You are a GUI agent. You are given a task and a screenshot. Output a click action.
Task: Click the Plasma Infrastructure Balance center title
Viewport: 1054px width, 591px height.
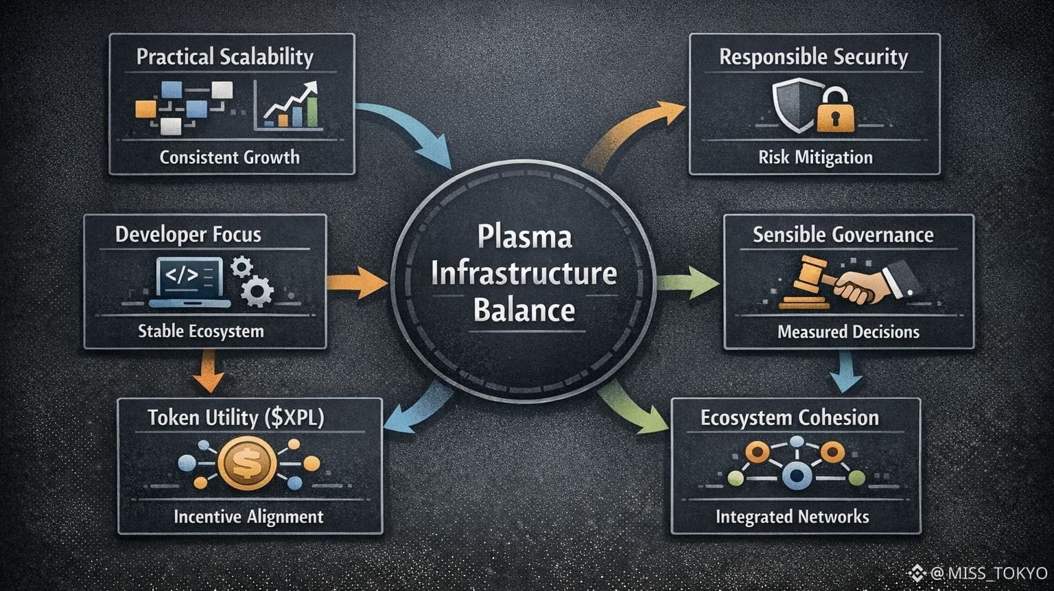[x=524, y=274]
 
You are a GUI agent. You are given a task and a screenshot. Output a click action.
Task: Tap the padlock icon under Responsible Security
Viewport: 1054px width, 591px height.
[x=835, y=111]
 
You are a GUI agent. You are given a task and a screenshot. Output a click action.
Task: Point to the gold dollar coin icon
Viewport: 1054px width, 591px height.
[x=247, y=464]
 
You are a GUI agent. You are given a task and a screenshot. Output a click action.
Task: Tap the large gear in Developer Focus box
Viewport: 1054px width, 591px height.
[x=258, y=290]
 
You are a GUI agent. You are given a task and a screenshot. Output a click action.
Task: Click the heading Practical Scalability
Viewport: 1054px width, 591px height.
[x=224, y=56]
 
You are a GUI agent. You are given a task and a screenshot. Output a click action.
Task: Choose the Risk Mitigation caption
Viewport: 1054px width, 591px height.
[x=815, y=157]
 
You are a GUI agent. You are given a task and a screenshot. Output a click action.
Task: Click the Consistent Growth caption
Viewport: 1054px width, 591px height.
[x=229, y=157]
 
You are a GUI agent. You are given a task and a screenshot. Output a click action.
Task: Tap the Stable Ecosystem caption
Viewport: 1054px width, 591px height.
[x=200, y=331]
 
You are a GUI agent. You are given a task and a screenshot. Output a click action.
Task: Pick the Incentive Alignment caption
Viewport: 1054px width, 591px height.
[x=248, y=516]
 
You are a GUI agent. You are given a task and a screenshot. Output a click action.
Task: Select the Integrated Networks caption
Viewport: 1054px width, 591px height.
[x=792, y=516]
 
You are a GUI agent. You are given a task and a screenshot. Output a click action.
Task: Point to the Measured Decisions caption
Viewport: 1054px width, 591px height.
[x=848, y=332]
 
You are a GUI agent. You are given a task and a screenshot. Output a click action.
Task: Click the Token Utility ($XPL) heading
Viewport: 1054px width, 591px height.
[x=235, y=417]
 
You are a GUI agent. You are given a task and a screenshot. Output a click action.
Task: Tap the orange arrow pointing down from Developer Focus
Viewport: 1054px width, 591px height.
[x=209, y=372]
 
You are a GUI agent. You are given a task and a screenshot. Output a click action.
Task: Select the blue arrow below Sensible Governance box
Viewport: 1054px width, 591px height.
[x=845, y=372]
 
